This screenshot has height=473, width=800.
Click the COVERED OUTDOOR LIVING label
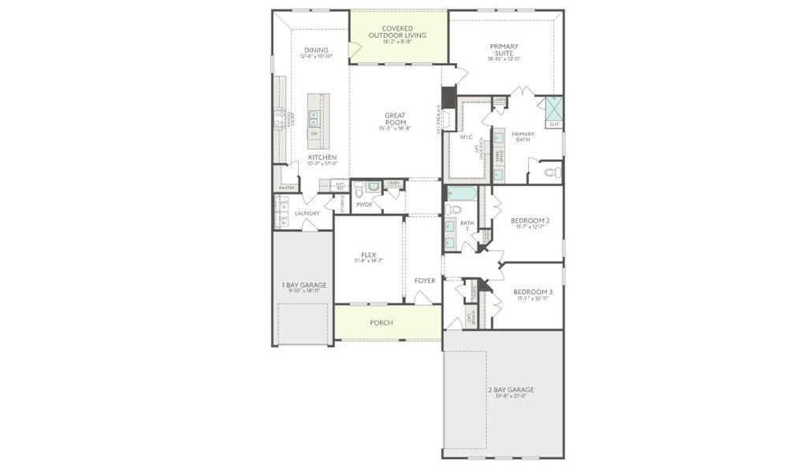(398, 32)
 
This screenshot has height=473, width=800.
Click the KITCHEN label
(322, 158)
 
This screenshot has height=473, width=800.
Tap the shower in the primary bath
(554, 108)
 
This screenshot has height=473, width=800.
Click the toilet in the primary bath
(551, 172)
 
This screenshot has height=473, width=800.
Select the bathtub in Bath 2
(462, 193)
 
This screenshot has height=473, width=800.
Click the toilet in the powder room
(359, 189)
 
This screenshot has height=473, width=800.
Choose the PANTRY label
(287, 188)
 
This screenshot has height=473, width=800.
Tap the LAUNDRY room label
(307, 214)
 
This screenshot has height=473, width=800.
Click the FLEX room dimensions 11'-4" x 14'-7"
(368, 261)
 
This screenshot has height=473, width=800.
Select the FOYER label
(425, 281)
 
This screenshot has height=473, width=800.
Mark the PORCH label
(382, 323)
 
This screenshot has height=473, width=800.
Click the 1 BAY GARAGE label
(303, 285)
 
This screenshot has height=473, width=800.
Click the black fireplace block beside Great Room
(448, 97)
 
